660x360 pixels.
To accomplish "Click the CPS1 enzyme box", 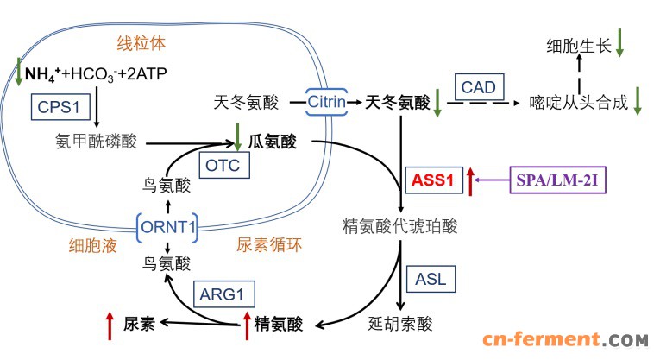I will [x=58, y=107].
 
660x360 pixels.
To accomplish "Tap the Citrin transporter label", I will [x=326, y=102].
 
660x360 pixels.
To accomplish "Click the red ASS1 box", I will [x=431, y=181].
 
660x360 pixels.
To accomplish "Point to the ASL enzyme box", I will [x=431, y=279].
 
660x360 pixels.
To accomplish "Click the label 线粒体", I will [x=141, y=41].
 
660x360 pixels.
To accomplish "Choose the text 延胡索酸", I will [x=399, y=325].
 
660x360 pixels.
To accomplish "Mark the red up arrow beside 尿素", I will [x=109, y=325].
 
